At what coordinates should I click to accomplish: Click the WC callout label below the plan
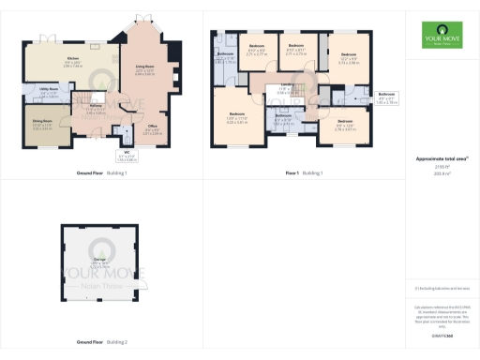coord(125,157)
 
